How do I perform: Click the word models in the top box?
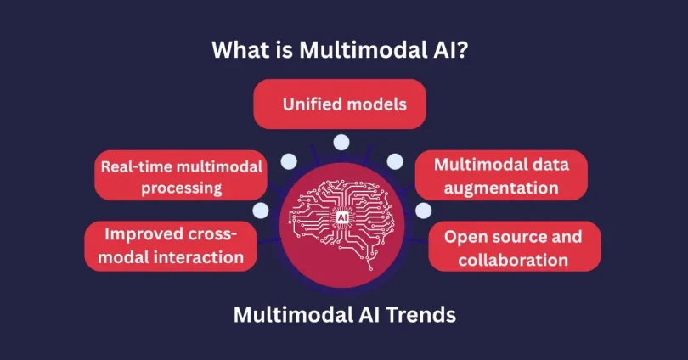(x=379, y=104)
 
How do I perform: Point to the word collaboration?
(x=513, y=259)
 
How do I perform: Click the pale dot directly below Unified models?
(x=341, y=142)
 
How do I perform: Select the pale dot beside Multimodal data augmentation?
(x=395, y=162)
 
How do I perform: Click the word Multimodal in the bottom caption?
(x=290, y=315)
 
